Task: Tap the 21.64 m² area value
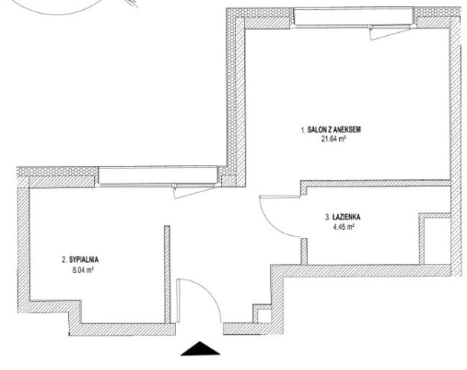333,139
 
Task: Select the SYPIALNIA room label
80,260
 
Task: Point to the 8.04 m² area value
81,270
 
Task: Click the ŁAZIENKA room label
342,217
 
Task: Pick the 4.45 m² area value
344,228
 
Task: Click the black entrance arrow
200,349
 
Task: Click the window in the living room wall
354,18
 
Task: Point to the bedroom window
158,175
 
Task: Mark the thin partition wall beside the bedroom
168,274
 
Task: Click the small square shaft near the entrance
264,316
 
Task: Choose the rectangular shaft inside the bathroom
436,241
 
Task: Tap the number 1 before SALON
303,130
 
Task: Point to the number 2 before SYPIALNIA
64,260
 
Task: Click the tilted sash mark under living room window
389,33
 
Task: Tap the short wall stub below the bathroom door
304,252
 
